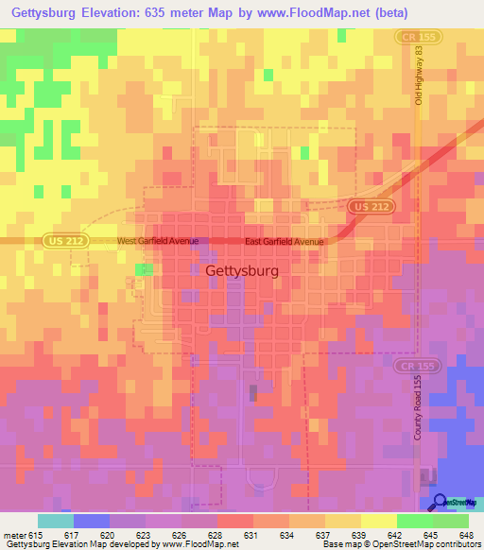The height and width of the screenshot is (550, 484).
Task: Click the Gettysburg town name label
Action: tap(241, 271)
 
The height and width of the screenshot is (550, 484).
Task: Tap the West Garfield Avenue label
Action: tap(157, 242)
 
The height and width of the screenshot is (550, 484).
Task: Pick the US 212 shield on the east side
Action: tap(364, 205)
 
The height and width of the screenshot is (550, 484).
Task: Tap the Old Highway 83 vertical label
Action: tap(417, 75)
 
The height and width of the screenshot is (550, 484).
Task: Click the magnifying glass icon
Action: tap(440, 501)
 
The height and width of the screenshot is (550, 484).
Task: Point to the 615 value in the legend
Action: tap(36, 534)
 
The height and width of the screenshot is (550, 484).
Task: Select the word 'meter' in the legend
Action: tap(14, 534)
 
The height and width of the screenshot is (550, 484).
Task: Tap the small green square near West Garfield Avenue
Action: tap(142, 270)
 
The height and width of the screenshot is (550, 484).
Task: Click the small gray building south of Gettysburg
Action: tap(252, 392)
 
